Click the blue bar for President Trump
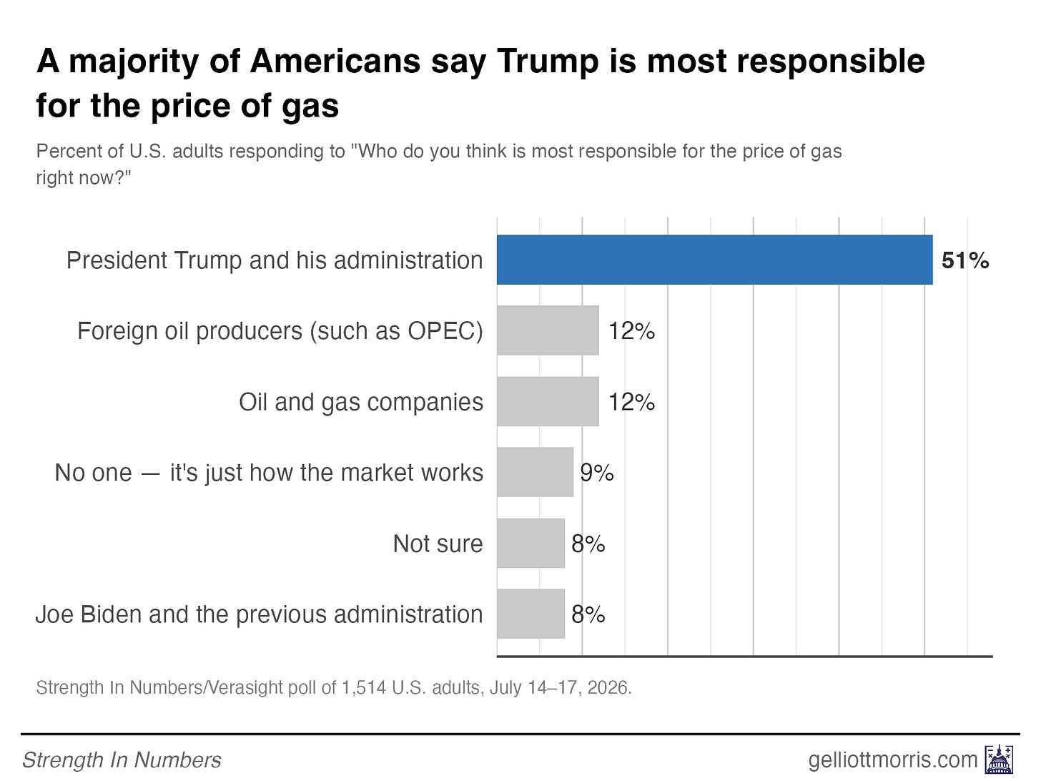[x=715, y=260]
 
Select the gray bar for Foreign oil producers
[x=548, y=330]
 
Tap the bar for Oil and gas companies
[x=548, y=402]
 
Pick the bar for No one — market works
[x=535, y=472]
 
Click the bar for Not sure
[x=531, y=543]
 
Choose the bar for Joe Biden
[x=531, y=614]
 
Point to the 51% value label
[x=965, y=260]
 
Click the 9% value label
[x=596, y=473]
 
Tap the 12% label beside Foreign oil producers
[x=631, y=331]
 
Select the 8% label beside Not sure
[x=588, y=544]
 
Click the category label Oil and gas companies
[x=361, y=403]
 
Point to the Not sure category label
[x=438, y=544]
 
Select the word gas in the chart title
[x=310, y=107]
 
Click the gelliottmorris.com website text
[x=893, y=760]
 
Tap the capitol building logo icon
[x=999, y=760]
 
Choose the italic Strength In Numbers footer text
[x=122, y=760]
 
